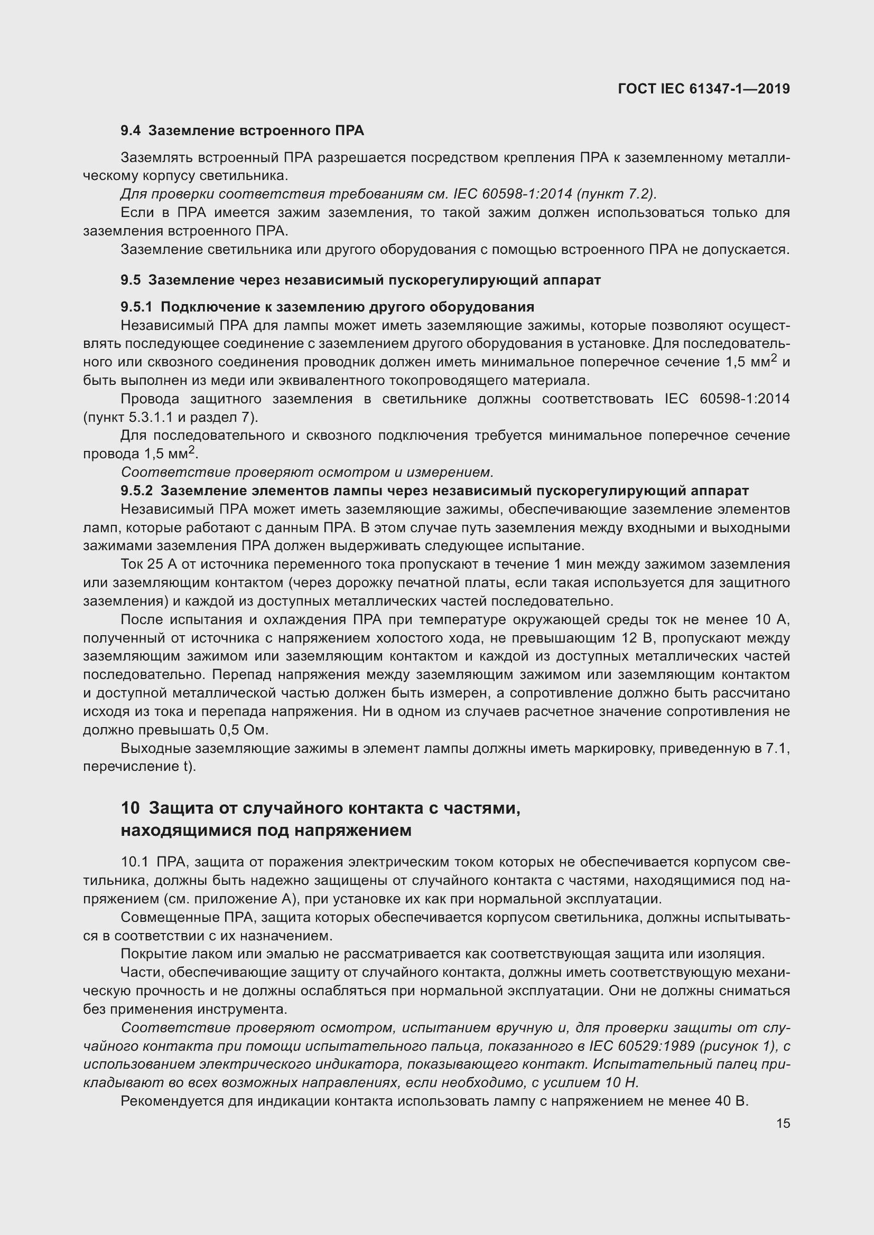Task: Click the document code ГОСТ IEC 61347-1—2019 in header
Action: click(704, 89)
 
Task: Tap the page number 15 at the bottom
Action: click(783, 1123)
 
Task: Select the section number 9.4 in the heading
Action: click(131, 131)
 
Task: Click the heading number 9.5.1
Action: click(137, 307)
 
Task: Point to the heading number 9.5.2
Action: click(137, 491)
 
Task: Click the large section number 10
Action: click(130, 808)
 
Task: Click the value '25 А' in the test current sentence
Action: click(145, 564)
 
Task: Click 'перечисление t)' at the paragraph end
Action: click(140, 767)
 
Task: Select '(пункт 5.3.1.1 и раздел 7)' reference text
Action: click(171, 418)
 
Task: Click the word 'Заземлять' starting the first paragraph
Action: click(155, 157)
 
